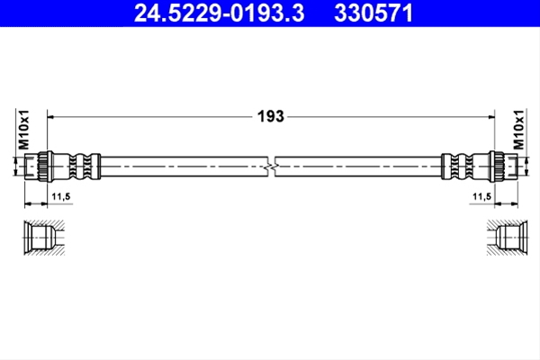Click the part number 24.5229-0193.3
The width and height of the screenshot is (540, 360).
[220, 13]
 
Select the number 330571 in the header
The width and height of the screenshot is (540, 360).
[373, 13]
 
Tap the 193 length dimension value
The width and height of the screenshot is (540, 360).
[271, 116]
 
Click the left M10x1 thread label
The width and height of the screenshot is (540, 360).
[24, 130]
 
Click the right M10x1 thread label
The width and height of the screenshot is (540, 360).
[518, 130]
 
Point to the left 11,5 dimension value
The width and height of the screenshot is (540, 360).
[61, 197]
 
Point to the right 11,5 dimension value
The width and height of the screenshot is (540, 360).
[481, 197]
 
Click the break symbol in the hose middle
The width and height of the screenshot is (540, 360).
[272, 166]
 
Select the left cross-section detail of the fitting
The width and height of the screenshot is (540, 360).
[44, 238]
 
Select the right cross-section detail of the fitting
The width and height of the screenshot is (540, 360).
[508, 238]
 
